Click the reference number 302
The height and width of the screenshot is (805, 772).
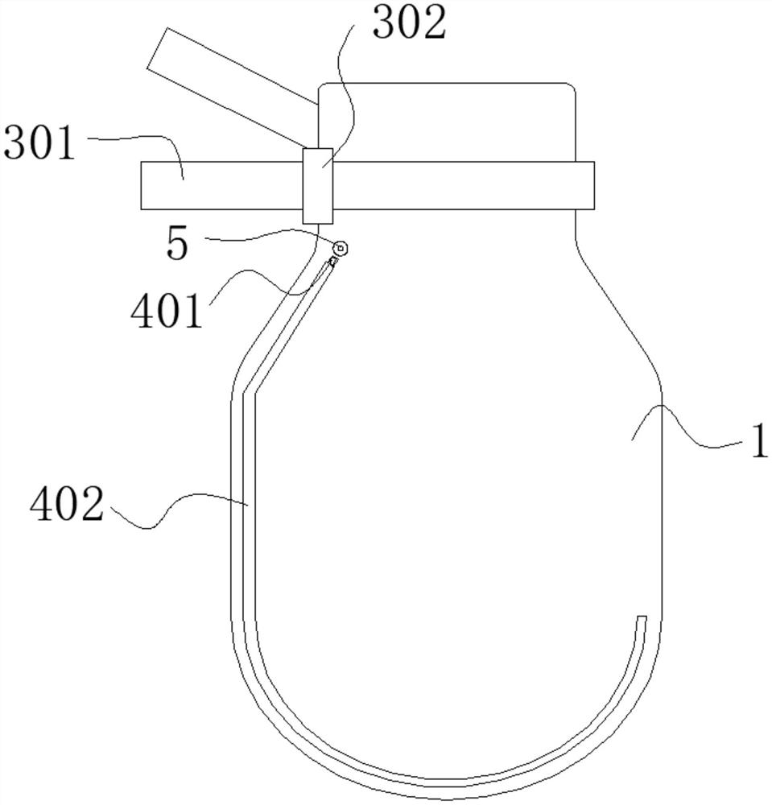(x=410, y=23)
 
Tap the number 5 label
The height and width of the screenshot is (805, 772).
(x=178, y=245)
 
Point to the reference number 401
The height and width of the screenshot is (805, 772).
(x=167, y=312)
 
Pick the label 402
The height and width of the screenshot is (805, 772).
(x=67, y=505)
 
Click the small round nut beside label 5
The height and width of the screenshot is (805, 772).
(x=341, y=249)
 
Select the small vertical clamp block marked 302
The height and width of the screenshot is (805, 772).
(x=318, y=186)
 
